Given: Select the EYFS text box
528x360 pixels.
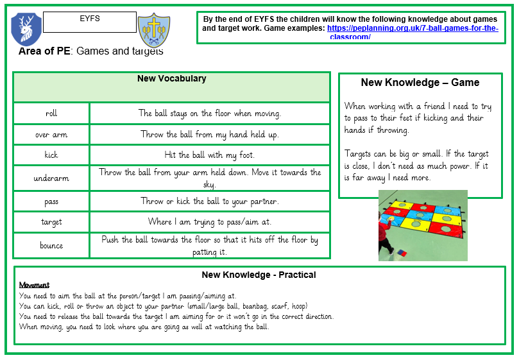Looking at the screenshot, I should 89,22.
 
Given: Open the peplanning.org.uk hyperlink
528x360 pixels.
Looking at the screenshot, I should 413,30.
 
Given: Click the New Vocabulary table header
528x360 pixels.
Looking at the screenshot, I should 171,79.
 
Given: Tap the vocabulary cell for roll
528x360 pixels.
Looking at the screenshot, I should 51,114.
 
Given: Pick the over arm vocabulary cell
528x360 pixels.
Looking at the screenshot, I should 51,135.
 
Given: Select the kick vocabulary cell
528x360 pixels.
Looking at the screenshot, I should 51,155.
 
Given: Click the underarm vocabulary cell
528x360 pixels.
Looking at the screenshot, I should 51,178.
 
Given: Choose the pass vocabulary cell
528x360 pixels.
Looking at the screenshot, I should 51,201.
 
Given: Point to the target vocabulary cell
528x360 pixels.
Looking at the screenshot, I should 51,222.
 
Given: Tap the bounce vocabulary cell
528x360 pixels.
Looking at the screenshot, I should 51,245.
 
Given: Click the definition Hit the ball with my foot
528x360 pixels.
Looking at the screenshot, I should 210,155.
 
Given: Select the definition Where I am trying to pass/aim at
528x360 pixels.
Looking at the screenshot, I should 210,222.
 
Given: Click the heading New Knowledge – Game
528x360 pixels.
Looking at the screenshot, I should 420,83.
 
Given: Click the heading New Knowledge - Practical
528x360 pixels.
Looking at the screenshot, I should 259,275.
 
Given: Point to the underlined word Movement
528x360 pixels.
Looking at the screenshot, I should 34,285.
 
